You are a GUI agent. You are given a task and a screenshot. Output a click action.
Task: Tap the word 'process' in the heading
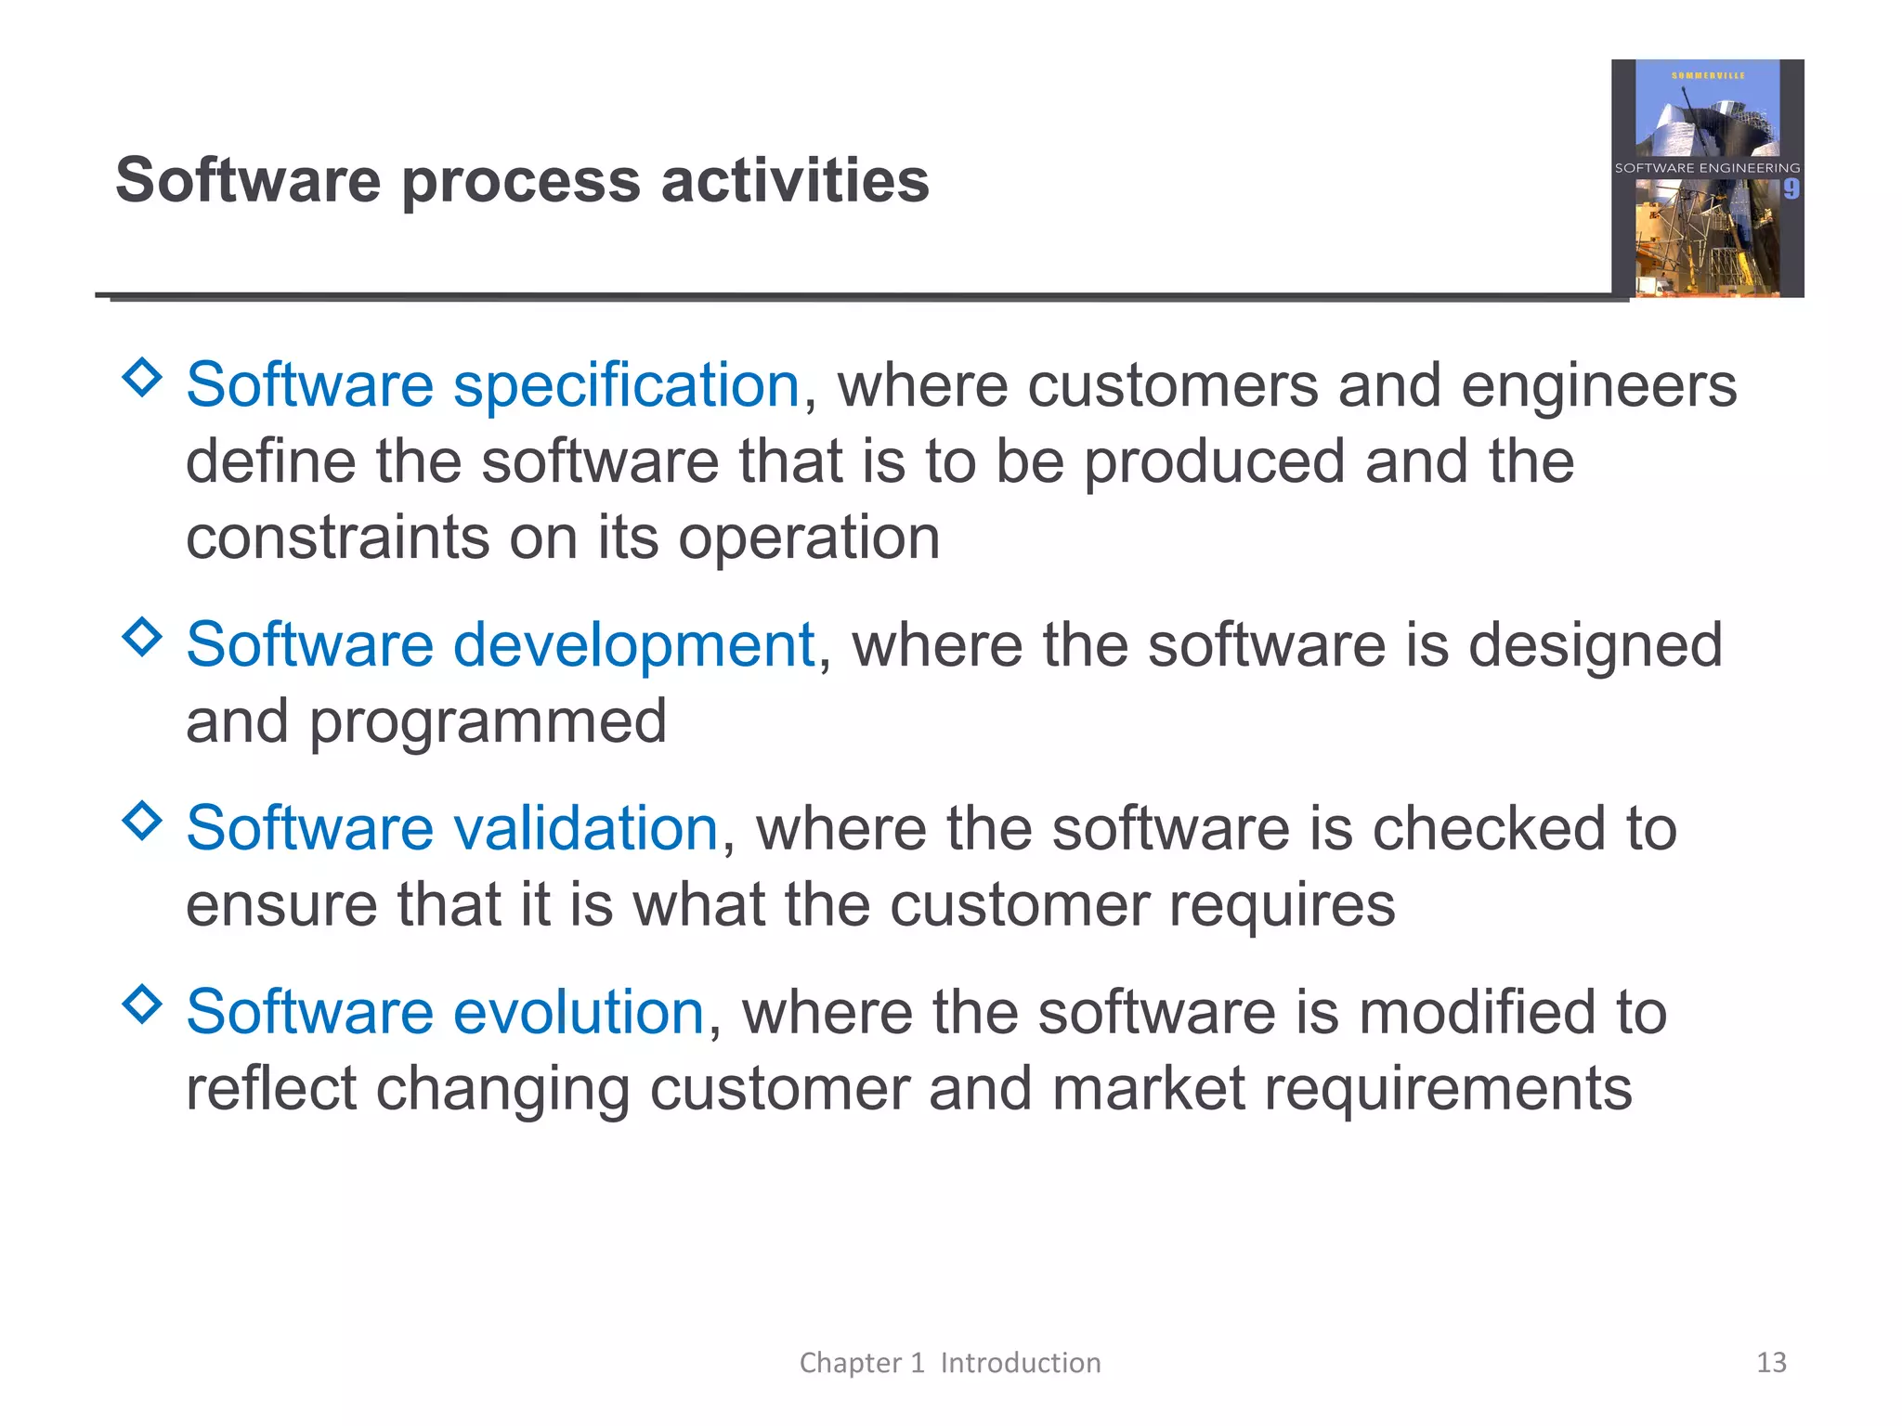[520, 181]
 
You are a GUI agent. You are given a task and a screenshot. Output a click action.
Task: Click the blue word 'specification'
[626, 385]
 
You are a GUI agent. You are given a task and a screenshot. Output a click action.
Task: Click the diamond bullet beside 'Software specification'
[142, 378]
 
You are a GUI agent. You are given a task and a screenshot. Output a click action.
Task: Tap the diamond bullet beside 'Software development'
[142, 637]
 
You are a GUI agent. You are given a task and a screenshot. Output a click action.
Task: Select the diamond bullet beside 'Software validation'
[142, 821]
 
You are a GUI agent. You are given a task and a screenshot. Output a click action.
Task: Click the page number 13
[1771, 1362]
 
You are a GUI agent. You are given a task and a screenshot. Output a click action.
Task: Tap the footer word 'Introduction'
[1020, 1363]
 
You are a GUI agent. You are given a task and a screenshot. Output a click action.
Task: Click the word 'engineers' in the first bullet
[1598, 385]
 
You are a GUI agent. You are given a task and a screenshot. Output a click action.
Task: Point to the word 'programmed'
[488, 721]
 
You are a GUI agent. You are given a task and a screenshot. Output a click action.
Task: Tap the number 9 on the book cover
[1791, 189]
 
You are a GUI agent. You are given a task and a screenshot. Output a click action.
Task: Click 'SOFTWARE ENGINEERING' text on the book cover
[1707, 168]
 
